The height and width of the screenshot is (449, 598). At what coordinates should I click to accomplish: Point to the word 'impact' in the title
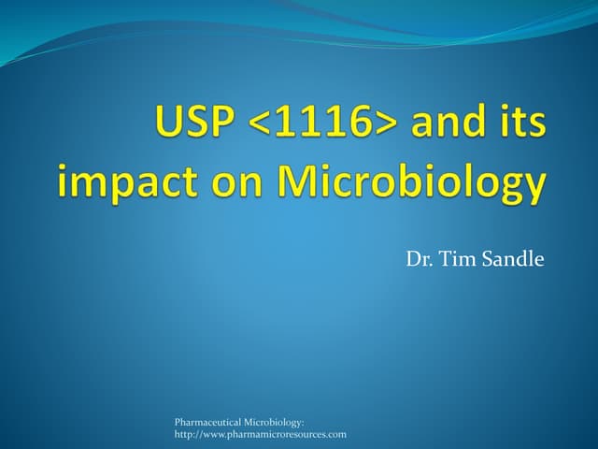(121, 181)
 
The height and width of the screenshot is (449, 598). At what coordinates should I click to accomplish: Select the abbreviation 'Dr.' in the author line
(418, 259)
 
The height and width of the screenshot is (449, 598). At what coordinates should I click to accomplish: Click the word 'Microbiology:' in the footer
(274, 423)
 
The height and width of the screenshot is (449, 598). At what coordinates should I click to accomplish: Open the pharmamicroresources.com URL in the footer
(261, 435)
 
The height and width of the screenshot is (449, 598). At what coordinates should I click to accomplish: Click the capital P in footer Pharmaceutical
(178, 423)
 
